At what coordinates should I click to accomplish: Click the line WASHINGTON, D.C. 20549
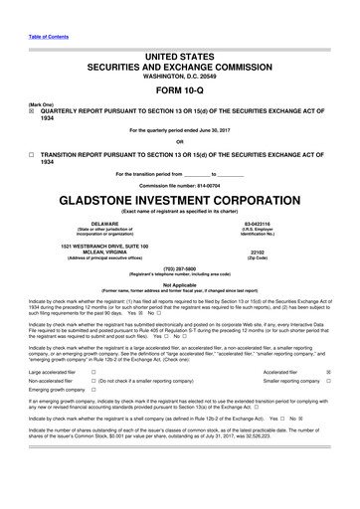click(180, 48)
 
